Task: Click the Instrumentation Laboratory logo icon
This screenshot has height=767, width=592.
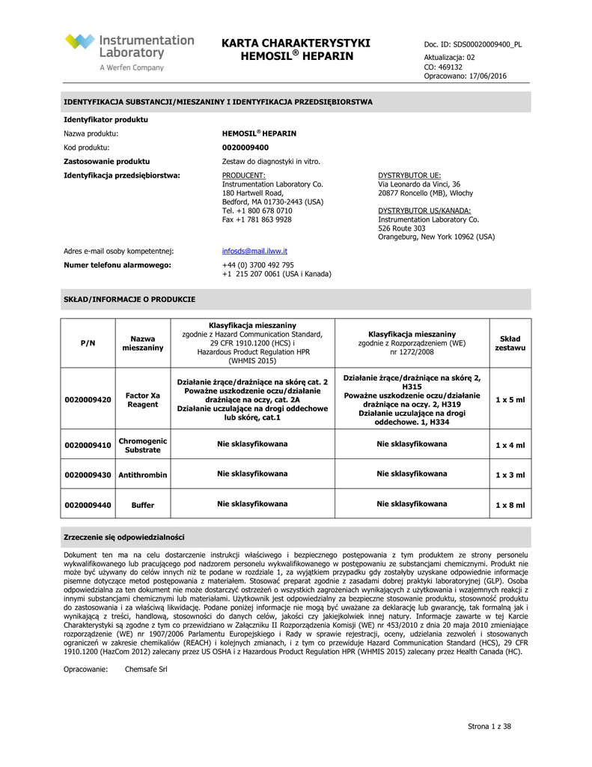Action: [x=80, y=42]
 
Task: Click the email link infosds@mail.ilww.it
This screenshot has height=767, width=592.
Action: [x=255, y=251]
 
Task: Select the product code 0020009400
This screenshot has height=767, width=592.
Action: [x=245, y=148]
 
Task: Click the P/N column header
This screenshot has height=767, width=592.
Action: [x=88, y=343]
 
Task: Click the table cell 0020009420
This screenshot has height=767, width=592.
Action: [x=88, y=400]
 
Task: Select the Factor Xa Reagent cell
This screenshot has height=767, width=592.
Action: [x=142, y=400]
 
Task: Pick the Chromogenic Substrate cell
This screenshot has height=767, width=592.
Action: [x=142, y=445]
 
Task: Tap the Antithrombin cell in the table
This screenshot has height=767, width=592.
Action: [x=142, y=475]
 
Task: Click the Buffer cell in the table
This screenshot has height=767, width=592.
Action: [x=142, y=505]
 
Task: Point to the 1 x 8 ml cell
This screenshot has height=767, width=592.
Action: [x=510, y=505]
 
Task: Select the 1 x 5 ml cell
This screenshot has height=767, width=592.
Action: [x=510, y=400]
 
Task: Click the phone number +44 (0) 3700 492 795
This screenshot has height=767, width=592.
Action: [x=258, y=265]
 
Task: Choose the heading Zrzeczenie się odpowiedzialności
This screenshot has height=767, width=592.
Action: [x=124, y=537]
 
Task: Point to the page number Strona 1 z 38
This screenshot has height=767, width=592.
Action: [x=489, y=727]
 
